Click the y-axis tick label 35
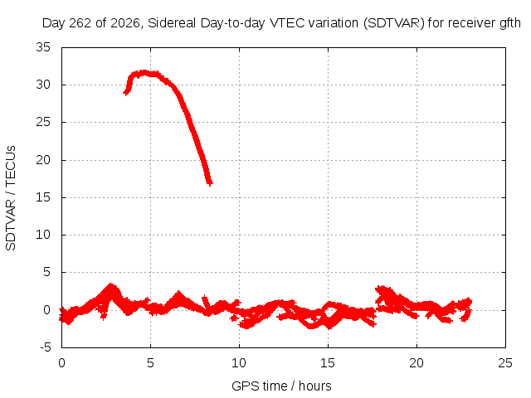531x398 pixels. tap(43, 47)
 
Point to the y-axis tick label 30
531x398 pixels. tap(43, 85)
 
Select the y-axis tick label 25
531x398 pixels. tap(43, 122)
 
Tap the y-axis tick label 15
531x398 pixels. tap(43, 197)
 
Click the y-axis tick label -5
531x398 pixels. tap(45, 347)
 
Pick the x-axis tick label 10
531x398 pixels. tap(239, 363)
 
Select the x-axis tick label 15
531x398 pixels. tap(328, 363)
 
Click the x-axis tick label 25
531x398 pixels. tap(505, 363)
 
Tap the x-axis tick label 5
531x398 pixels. tap(150, 363)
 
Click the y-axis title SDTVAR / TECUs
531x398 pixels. tap(11, 198)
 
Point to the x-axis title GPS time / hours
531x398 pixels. tap(281, 386)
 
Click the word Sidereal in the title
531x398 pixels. tap(172, 23)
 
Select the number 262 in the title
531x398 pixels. tap(80, 23)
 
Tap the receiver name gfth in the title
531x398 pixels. tap(510, 23)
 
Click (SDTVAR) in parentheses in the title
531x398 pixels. tap(394, 23)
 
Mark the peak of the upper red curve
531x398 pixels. tap(145, 72)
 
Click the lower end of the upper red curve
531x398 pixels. tap(210, 184)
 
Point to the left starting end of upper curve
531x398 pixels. tap(125, 92)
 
